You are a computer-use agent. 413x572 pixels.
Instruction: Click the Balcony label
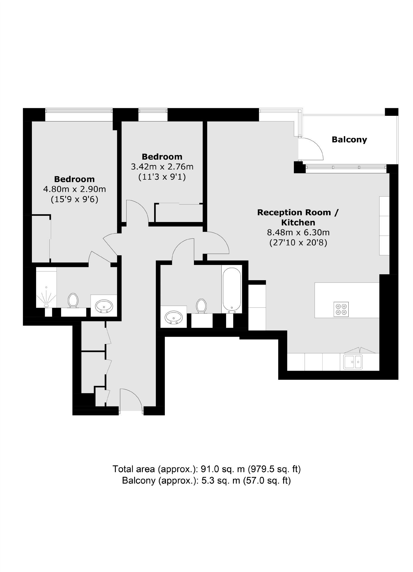pos(349,140)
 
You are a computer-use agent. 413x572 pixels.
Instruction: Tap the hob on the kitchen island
pos(341,309)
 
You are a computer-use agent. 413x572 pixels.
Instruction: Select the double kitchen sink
pos(353,362)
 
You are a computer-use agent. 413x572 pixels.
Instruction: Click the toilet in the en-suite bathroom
pos(73,300)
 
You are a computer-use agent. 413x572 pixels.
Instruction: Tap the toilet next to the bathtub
pos(201,306)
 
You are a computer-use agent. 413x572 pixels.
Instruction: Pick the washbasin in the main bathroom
pos(173,317)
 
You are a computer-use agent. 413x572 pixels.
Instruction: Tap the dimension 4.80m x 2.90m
pos(75,189)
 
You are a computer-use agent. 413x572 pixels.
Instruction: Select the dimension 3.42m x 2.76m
pos(162,167)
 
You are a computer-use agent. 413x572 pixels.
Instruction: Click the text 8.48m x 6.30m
pos(298,232)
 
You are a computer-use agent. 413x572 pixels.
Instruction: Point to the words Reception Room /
pos(298,212)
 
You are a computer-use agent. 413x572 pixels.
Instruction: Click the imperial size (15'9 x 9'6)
pos(75,199)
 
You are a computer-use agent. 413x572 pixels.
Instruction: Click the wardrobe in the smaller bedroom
pos(179,213)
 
